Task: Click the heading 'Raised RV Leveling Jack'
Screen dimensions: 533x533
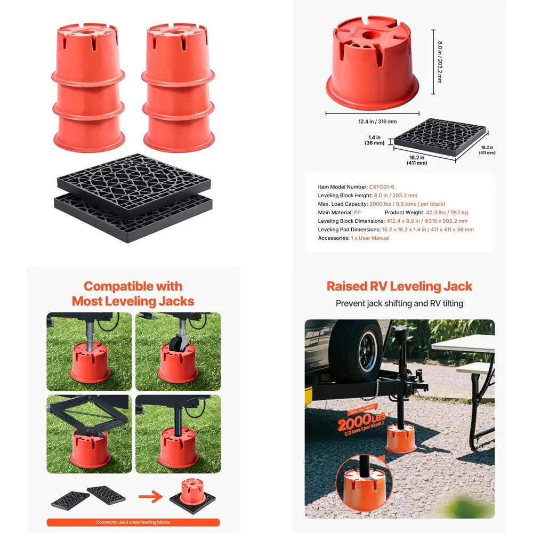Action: [399, 286]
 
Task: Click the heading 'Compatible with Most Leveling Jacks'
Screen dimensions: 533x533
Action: [133, 294]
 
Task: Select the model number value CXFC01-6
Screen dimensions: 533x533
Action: [382, 187]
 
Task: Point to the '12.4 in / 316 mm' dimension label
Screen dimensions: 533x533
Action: [377, 122]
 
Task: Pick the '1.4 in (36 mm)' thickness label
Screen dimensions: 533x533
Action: [375, 140]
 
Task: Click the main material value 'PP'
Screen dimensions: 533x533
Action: [357, 213]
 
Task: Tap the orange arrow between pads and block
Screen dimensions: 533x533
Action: [151, 497]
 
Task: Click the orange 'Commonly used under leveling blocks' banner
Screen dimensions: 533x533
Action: [133, 522]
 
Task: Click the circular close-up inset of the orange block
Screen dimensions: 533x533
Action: [362, 482]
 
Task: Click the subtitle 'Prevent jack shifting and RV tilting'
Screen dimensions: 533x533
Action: [399, 303]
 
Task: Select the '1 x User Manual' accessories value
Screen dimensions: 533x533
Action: [370, 238]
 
